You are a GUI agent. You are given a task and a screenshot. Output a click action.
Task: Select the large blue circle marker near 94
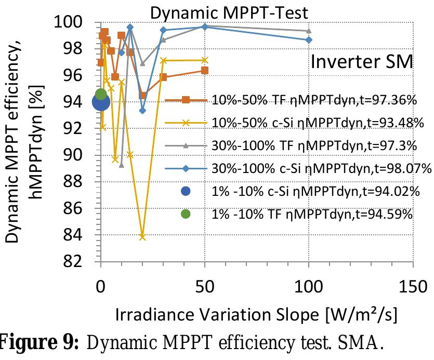(101, 102)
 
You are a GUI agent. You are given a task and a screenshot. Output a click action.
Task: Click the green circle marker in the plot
(101, 94)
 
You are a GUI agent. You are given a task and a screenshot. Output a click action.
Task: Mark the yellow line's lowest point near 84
(142, 237)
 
